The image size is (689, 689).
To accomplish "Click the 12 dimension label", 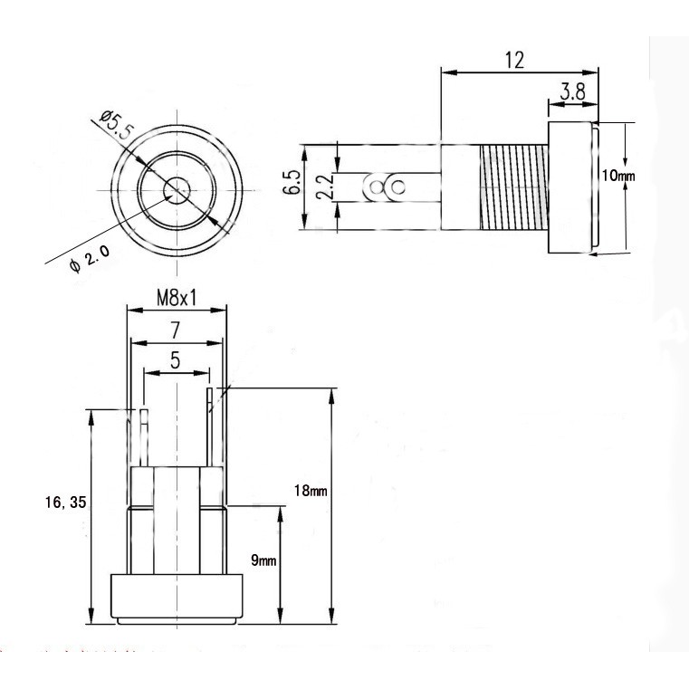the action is [x=514, y=60].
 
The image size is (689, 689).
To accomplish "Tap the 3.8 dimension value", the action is [x=573, y=92].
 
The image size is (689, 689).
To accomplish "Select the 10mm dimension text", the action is [x=618, y=177].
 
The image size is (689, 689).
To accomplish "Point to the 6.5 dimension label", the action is [x=294, y=182].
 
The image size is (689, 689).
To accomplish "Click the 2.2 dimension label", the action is [x=327, y=187].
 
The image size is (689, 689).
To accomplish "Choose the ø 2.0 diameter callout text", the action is [x=90, y=259].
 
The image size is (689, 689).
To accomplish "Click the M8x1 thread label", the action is [x=177, y=299].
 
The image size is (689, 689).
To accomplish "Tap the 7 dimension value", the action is [x=176, y=330].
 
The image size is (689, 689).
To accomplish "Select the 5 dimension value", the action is [x=176, y=360].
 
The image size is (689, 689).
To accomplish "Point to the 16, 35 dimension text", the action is [x=66, y=502].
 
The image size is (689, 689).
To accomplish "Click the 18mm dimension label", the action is [x=311, y=491].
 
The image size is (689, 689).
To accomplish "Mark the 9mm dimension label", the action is [x=263, y=560].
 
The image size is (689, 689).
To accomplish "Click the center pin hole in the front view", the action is [x=177, y=190].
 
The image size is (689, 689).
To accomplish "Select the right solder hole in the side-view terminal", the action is [x=398, y=187].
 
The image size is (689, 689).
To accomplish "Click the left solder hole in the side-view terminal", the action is [x=376, y=187].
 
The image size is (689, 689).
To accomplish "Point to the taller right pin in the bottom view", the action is [x=210, y=427].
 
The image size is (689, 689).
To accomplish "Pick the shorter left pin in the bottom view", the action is [x=144, y=437].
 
